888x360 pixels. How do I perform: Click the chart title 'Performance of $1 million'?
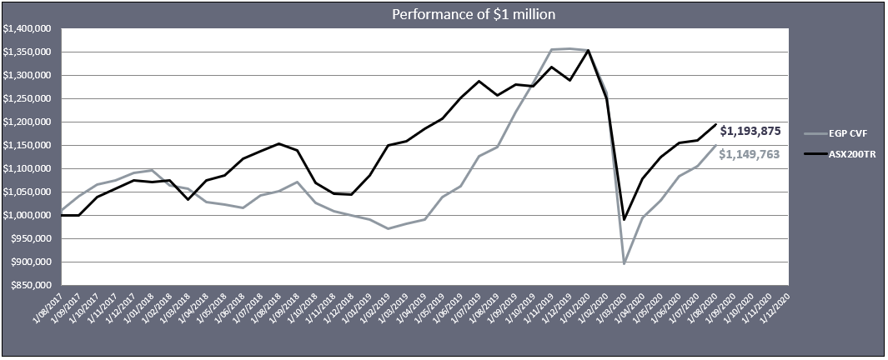tap(444, 14)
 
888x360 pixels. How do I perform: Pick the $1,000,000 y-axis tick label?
tap(28, 215)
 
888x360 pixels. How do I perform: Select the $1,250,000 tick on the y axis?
tap(28, 98)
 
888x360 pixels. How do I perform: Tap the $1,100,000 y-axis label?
tap(28, 168)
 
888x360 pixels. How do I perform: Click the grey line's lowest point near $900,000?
tap(624, 264)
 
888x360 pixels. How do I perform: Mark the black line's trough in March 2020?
tap(624, 220)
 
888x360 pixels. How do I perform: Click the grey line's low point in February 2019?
tap(389, 228)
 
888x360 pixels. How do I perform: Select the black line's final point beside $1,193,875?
tap(715, 124)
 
